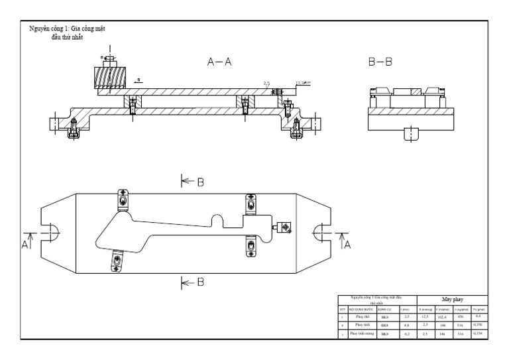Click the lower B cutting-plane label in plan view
point(199,283)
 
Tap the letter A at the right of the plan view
point(347,243)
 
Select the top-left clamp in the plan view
point(123,199)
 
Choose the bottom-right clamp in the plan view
point(251,246)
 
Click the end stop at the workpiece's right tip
point(285,227)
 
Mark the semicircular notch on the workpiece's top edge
point(216,219)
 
